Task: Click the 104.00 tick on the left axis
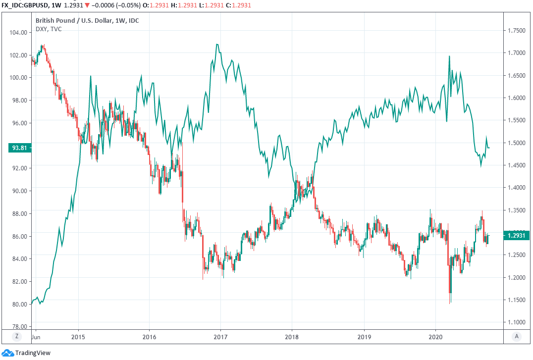coord(18,32)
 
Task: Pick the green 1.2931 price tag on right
coord(517,236)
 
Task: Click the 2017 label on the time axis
coord(220,335)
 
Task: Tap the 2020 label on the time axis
coord(435,335)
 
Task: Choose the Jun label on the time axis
coord(36,335)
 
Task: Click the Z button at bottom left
coord(16,336)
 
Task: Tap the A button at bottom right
coord(517,336)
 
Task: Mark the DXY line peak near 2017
coord(217,45)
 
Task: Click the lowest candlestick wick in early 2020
coord(450,304)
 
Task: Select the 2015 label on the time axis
coord(78,335)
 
